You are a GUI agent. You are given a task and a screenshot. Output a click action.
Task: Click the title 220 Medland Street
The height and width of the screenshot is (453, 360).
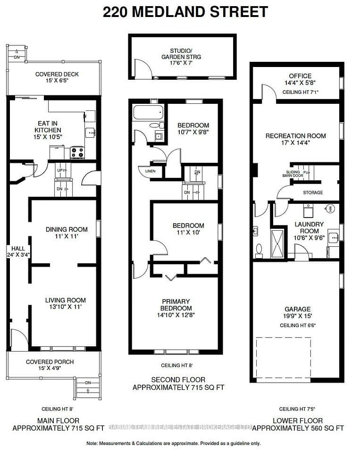185,12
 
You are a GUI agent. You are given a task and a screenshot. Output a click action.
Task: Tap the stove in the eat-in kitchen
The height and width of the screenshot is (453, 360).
77,152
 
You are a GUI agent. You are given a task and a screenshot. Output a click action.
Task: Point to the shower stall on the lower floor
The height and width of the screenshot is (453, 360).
277,244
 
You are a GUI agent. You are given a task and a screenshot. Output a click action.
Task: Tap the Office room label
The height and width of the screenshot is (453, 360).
300,75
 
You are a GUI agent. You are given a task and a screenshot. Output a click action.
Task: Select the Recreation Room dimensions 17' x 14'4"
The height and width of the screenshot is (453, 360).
295,143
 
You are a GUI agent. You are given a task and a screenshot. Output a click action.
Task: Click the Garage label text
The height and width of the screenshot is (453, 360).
298,309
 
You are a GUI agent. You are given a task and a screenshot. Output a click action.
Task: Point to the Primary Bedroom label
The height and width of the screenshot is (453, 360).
176,304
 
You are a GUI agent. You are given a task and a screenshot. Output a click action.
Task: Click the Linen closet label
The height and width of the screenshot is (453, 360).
150,171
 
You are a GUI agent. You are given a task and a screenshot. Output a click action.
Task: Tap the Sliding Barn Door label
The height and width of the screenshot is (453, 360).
293,174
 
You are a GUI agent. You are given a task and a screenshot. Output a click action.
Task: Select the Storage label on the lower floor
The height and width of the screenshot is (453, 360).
313,193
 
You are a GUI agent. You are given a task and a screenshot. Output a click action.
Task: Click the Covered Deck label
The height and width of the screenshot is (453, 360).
57,74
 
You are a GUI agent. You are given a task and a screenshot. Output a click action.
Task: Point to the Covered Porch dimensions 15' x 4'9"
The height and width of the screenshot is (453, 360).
50,368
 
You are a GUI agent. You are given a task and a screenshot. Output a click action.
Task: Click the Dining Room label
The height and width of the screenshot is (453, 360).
67,229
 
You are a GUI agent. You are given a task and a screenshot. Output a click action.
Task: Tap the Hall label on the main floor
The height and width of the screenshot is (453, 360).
18,249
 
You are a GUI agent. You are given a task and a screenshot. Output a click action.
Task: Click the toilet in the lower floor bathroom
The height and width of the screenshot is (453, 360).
259,251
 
